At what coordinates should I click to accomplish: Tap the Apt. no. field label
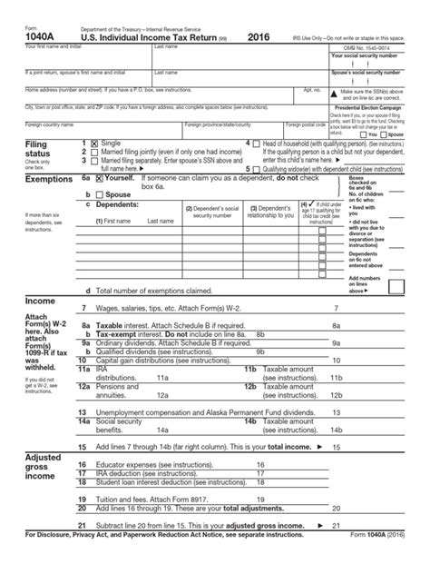coord(311,90)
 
